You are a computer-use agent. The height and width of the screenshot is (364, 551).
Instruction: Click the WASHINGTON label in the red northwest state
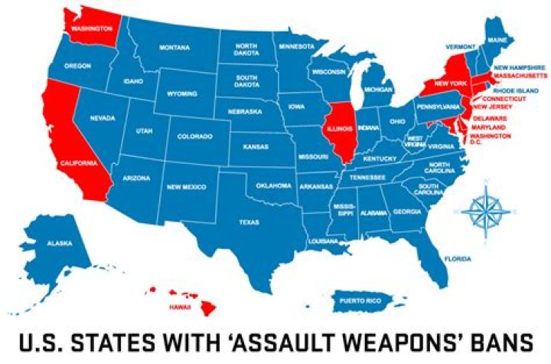click(x=88, y=29)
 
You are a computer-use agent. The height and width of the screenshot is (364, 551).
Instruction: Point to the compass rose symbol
click(x=483, y=208)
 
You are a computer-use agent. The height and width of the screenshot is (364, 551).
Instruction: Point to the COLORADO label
click(x=194, y=137)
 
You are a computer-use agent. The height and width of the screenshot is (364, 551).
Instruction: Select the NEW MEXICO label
click(x=184, y=186)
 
